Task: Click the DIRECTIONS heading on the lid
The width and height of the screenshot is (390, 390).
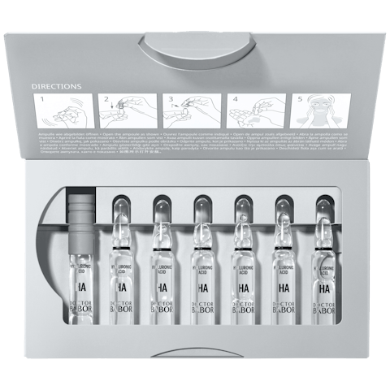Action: (x=57, y=84)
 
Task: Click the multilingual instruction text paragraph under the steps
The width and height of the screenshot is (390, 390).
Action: (x=193, y=141)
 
